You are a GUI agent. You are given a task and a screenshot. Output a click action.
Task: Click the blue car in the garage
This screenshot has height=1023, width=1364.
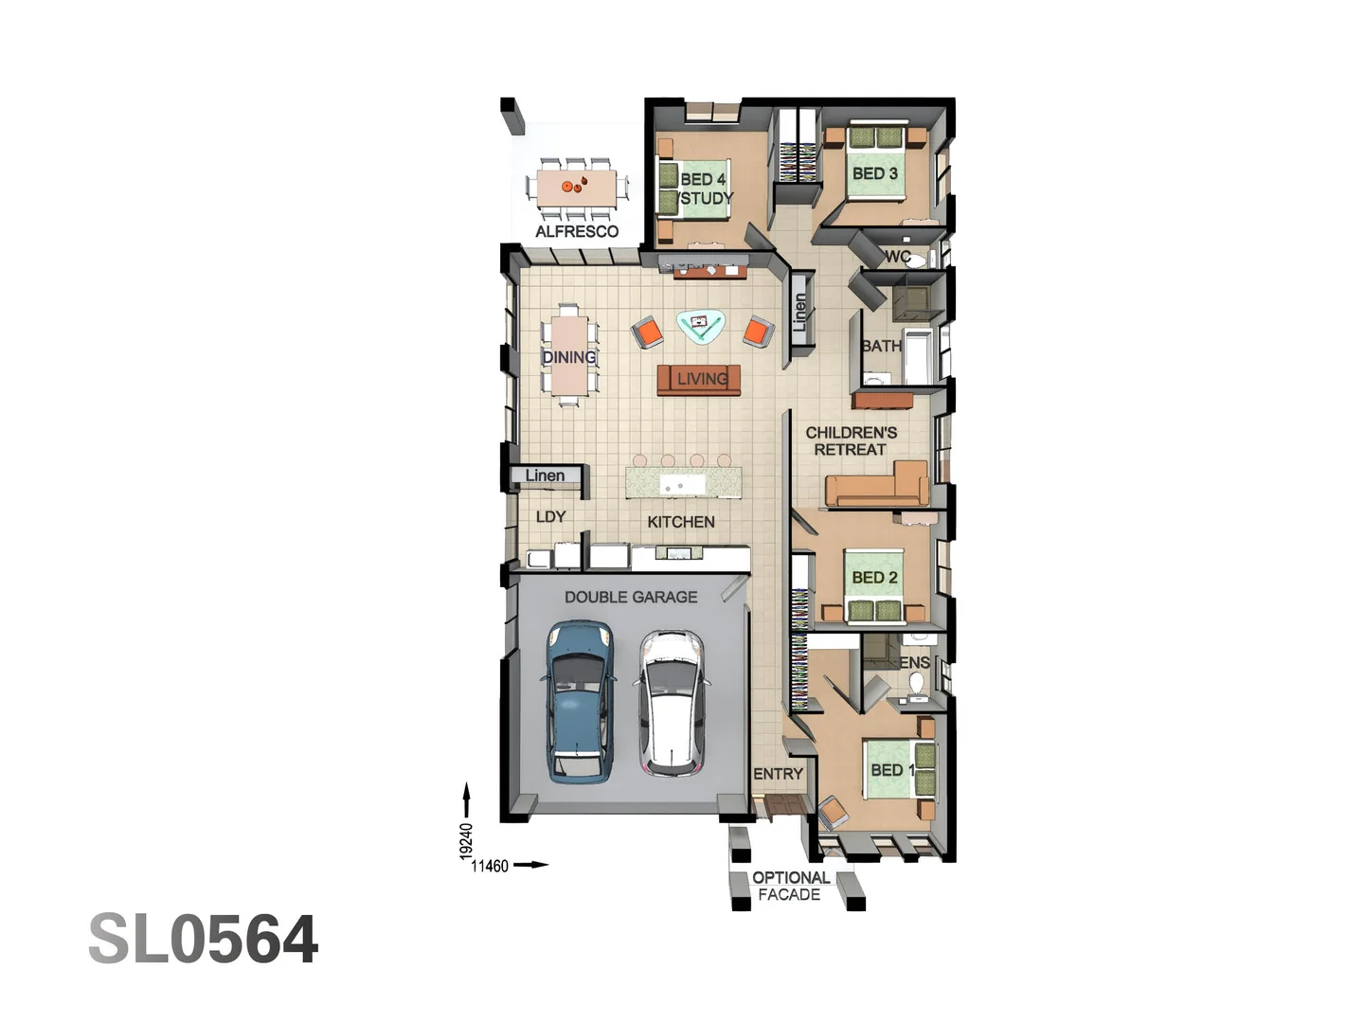(x=580, y=701)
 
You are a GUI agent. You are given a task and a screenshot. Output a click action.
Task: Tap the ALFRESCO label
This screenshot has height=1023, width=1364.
(x=577, y=231)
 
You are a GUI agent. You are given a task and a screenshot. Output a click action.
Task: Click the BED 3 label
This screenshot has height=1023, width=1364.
(x=874, y=173)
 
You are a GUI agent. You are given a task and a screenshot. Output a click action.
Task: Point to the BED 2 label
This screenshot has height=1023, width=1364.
(x=874, y=577)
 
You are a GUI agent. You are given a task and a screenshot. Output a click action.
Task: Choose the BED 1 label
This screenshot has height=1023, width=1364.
(x=892, y=770)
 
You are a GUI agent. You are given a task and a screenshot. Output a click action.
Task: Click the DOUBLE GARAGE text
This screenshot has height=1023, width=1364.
(x=631, y=597)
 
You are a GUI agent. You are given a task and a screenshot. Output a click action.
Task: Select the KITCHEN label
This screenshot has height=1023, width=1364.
(x=681, y=522)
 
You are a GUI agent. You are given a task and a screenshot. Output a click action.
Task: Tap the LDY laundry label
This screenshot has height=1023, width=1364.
(x=550, y=517)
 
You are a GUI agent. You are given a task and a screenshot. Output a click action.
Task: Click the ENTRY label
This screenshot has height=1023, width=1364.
(x=778, y=774)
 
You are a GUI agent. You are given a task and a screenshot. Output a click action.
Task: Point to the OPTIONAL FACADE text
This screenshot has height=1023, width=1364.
(x=791, y=886)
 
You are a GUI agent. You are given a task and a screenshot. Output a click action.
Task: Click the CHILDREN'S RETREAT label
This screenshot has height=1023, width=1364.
(x=851, y=440)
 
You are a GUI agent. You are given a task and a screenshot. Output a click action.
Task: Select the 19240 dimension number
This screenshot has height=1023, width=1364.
(x=466, y=841)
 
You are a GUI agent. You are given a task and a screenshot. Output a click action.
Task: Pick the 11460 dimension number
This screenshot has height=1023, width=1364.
(x=490, y=866)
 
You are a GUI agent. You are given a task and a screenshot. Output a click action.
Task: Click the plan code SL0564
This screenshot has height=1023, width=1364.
(x=204, y=940)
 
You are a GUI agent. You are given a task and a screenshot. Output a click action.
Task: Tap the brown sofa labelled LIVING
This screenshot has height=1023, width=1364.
(x=699, y=380)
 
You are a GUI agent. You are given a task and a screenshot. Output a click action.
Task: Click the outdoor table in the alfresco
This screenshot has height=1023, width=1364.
(x=576, y=187)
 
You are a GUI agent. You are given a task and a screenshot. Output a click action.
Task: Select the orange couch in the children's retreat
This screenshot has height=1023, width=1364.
(x=876, y=486)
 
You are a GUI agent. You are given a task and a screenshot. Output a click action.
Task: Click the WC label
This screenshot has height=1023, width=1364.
(x=898, y=257)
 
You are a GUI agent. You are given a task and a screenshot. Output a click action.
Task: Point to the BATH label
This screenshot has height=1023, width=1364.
(x=881, y=347)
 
